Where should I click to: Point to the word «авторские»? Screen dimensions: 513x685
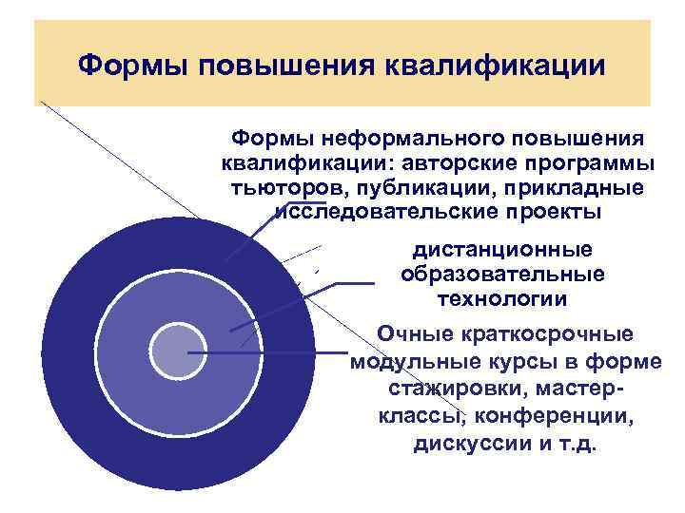tap(464, 162)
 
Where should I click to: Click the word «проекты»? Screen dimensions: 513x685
tap(558, 210)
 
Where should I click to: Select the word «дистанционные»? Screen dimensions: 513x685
tap(502, 250)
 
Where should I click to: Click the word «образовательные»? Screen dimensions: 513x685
tap(502, 274)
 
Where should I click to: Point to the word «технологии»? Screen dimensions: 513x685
tap(502, 298)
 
